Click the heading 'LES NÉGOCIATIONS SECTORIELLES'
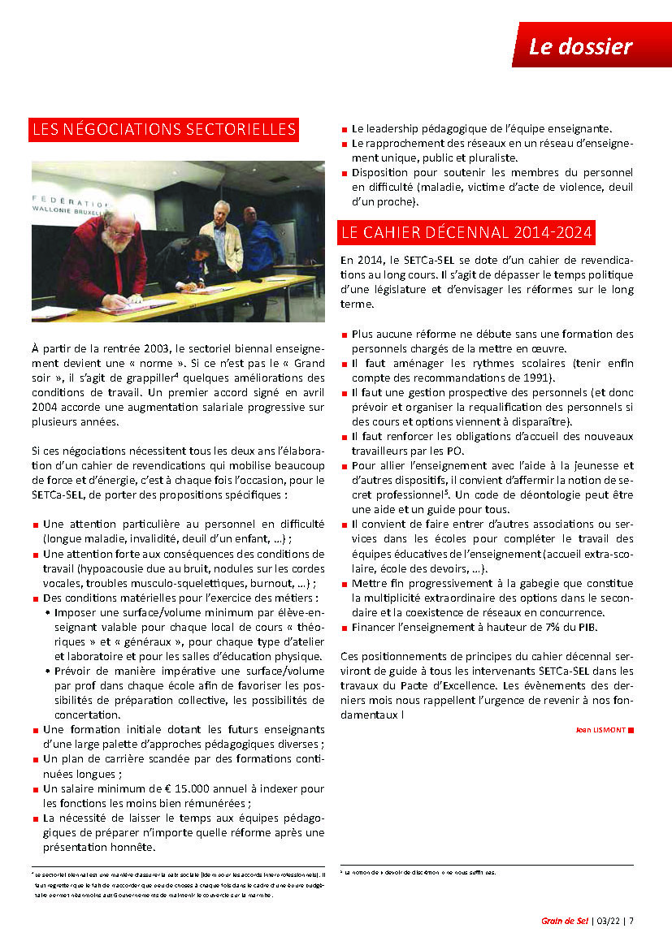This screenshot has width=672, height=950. pyautogui.click(x=163, y=130)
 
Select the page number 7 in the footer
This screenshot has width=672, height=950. pyautogui.click(x=631, y=921)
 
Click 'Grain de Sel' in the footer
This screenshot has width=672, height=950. pyautogui.click(x=565, y=921)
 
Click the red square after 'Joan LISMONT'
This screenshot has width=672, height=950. pyautogui.click(x=631, y=730)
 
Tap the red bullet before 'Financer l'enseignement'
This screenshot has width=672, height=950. pyautogui.click(x=344, y=628)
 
